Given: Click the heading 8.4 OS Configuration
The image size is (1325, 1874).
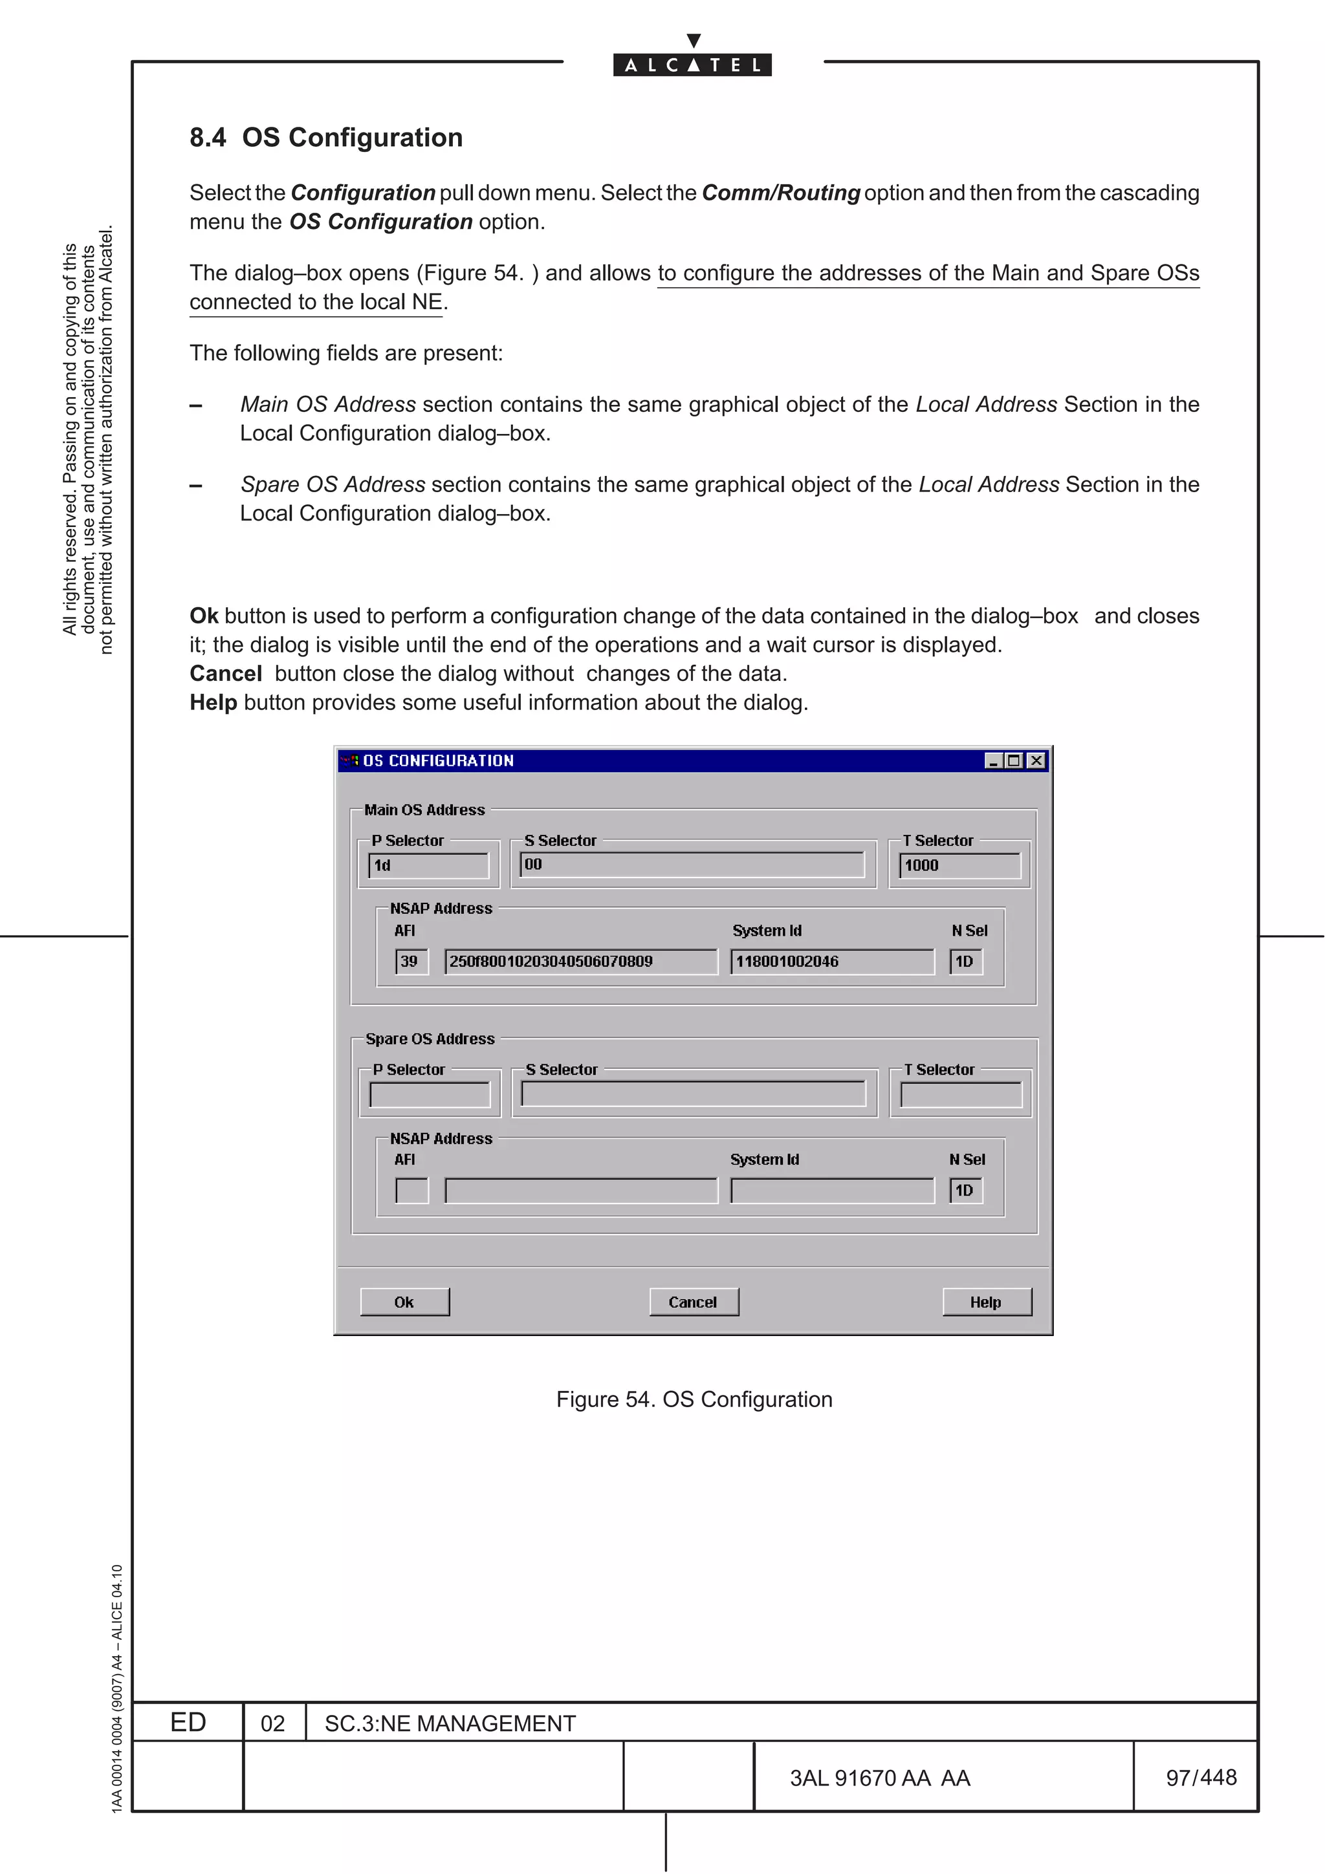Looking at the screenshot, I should pos(325,137).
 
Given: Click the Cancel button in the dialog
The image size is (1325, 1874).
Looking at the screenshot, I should pos(693,1302).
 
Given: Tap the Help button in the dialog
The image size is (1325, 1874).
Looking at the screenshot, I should pos(986,1302).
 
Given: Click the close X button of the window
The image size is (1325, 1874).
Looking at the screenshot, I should pos(1036,760).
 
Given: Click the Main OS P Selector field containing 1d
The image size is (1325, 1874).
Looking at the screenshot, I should pos(428,865).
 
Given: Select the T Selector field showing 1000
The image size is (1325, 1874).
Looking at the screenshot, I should pos(959,865).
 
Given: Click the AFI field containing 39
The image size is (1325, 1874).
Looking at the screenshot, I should pos(411,962).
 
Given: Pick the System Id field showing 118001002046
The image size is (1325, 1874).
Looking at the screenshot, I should pos(831,962).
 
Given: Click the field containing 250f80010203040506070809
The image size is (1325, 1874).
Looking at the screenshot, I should pos(580,962).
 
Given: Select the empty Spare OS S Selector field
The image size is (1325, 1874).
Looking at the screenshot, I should pos(693,1093).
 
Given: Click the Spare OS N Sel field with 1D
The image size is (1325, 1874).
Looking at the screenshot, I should pos(966,1191).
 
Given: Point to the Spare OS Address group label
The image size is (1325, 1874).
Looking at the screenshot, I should pos(430,1039).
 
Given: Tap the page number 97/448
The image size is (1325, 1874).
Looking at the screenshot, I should pos(1200,1777).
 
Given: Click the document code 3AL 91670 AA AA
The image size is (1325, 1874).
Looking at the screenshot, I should pos(879,1778).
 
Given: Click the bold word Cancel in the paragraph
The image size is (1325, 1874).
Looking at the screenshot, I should pos(225,673).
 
